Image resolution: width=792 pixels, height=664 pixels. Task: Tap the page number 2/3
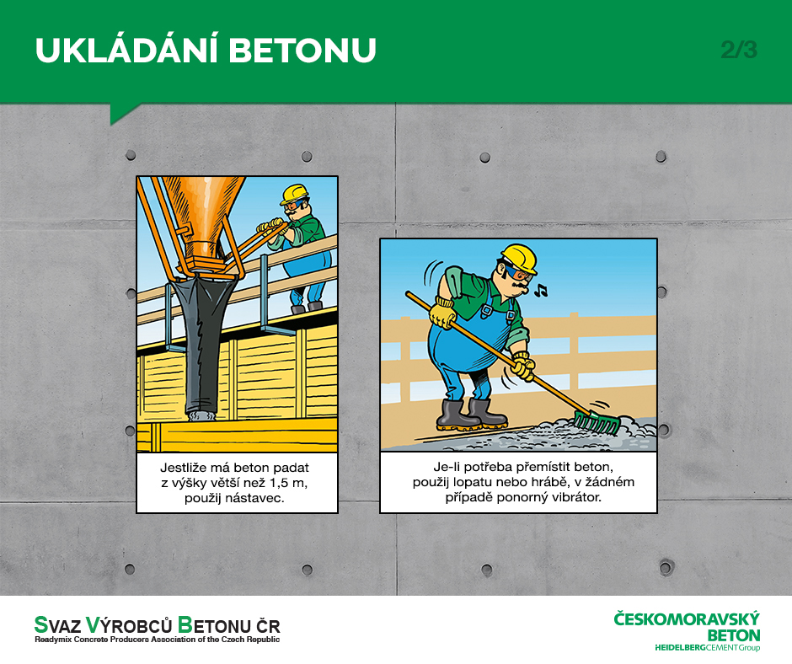point(739,50)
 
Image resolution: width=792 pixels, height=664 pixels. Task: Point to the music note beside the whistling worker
point(541,290)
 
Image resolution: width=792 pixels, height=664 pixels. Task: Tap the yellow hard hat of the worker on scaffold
point(295,194)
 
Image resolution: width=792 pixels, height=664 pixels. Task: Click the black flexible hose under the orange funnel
point(201,345)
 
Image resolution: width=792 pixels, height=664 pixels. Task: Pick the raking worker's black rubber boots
point(471,415)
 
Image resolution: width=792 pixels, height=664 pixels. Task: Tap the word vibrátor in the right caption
point(573,497)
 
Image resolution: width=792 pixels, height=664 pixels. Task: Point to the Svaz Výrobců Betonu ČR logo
point(157,629)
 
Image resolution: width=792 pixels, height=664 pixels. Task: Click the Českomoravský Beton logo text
point(687,627)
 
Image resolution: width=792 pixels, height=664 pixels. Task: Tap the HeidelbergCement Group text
point(707,647)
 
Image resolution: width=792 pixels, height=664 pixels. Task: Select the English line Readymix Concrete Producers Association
point(157,640)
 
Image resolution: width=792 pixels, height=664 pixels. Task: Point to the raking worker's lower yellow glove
point(523,366)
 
